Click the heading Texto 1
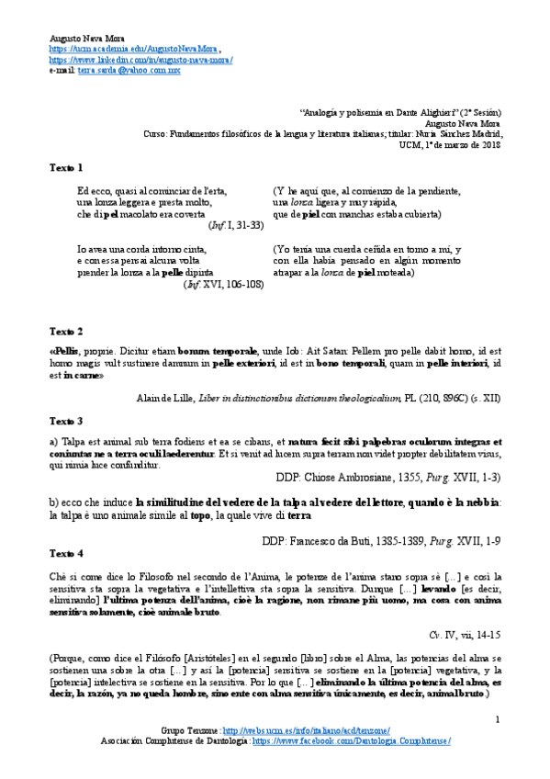click(66, 168)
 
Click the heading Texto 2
click(66, 331)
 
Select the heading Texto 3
click(66, 421)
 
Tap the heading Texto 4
click(66, 553)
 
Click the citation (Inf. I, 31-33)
click(236, 225)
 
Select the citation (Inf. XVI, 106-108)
click(225, 285)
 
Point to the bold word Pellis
click(66, 352)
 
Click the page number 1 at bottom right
click(497, 718)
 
